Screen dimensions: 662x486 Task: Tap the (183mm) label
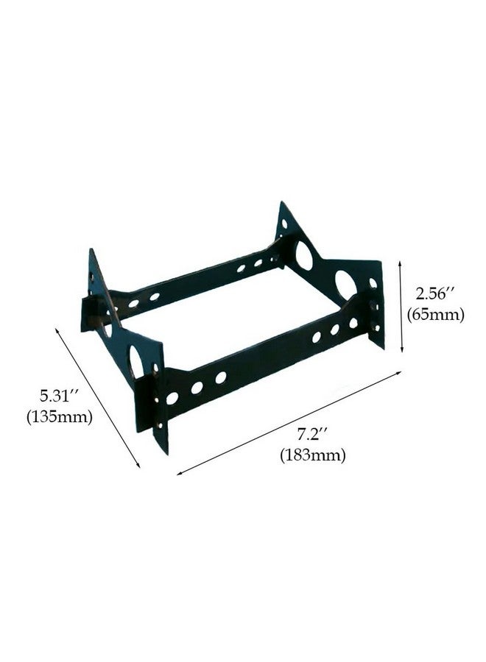[x=312, y=455]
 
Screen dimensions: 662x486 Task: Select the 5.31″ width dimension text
[x=59, y=396]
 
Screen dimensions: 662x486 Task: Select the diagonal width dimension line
[x=99, y=398]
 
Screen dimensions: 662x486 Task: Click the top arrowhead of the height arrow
[x=402, y=259]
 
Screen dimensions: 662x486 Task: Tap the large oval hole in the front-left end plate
[x=137, y=359]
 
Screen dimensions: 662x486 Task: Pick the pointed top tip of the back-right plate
[x=283, y=203]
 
